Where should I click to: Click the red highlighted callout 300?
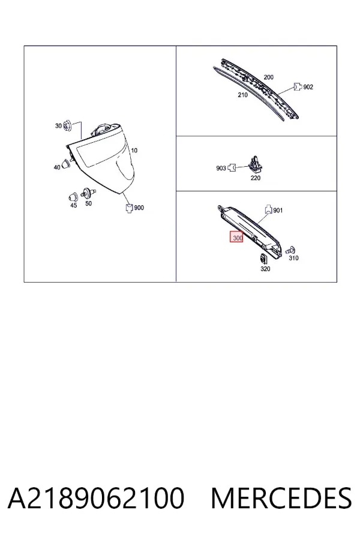(x=236, y=236)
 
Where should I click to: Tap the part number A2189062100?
(x=96, y=498)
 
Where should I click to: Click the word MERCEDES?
(x=281, y=498)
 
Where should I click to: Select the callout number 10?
(x=134, y=150)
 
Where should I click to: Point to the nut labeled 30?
(x=68, y=126)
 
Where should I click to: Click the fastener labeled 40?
(x=66, y=164)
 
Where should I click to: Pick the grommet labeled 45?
(x=73, y=197)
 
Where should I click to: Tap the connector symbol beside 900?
(x=129, y=208)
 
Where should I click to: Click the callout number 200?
(x=268, y=77)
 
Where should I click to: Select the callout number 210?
(x=242, y=95)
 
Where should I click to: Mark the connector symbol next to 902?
(x=298, y=86)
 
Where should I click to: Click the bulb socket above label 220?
(x=255, y=164)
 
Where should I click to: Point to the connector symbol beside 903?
(x=232, y=168)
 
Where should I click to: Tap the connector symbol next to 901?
(x=268, y=209)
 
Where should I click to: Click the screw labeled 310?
(x=292, y=250)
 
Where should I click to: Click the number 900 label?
(x=139, y=208)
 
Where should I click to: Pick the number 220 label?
(x=255, y=178)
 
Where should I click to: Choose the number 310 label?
(x=293, y=258)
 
